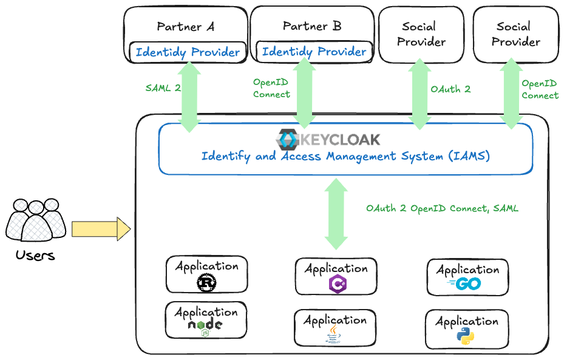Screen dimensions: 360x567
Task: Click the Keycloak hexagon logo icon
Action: (x=286, y=140)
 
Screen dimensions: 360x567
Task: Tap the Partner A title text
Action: (x=185, y=27)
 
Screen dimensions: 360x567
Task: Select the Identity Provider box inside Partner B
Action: (x=314, y=52)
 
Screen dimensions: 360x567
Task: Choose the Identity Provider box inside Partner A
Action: (x=188, y=52)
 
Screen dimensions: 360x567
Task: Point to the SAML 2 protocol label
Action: (x=163, y=87)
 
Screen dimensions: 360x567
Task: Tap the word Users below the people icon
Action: (x=35, y=255)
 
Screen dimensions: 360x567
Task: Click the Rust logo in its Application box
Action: (x=206, y=283)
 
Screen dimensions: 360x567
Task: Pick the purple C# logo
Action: (x=337, y=284)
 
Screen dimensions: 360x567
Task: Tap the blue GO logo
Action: (x=467, y=284)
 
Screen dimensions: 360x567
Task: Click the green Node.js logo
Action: (x=205, y=327)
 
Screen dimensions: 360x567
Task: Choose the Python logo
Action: (x=466, y=336)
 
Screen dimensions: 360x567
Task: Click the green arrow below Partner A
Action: (x=189, y=97)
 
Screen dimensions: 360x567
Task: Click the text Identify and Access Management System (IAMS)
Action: (x=345, y=157)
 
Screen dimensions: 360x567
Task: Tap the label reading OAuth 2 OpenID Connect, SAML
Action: (x=442, y=208)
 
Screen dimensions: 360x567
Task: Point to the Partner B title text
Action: (x=312, y=26)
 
